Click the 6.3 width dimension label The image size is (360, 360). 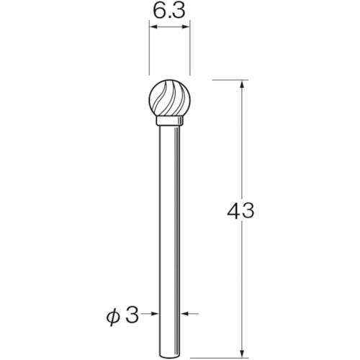[168, 12]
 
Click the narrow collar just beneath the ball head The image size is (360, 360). [169, 125]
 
